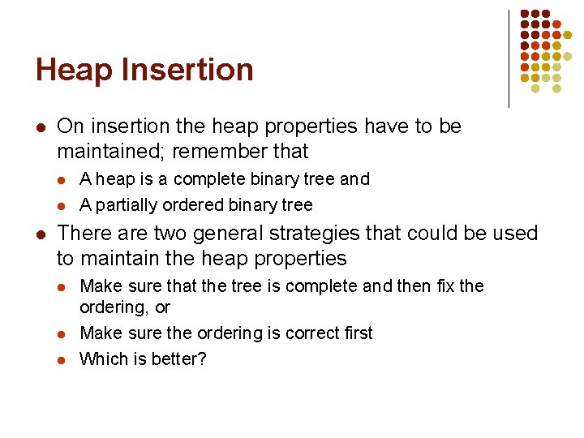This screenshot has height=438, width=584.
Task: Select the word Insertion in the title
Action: (x=187, y=71)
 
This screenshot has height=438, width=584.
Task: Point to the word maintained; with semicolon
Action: (x=121, y=151)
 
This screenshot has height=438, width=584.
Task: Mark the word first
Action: (x=353, y=333)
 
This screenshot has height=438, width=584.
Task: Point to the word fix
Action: (x=444, y=286)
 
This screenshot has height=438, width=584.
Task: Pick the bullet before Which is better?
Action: (x=63, y=359)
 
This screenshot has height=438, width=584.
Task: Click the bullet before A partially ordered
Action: (x=63, y=205)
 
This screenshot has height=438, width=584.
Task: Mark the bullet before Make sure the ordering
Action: (x=63, y=334)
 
